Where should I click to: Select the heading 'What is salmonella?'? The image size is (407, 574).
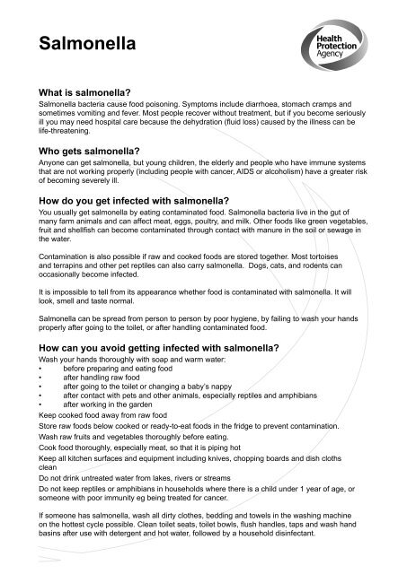click(x=86, y=91)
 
